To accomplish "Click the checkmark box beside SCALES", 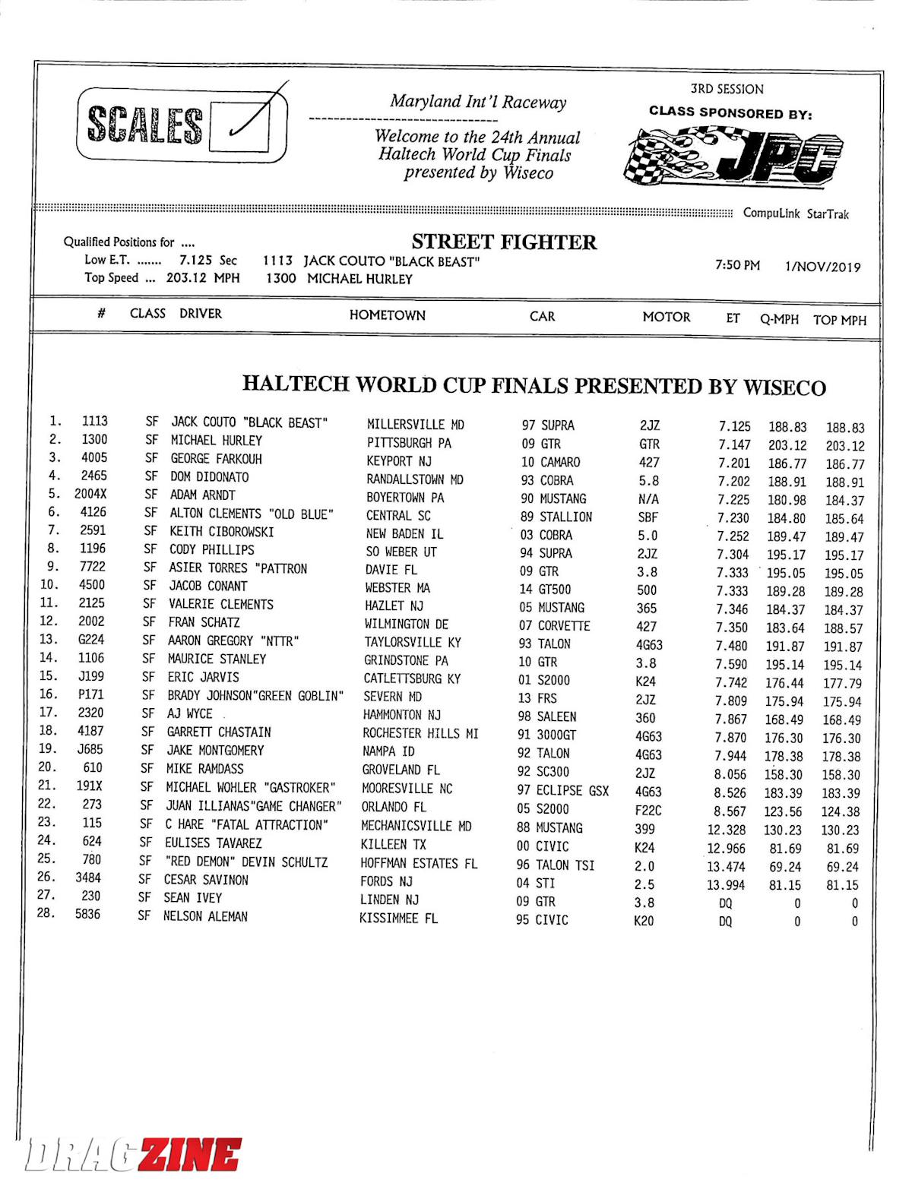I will (x=239, y=125).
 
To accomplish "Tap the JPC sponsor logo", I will (x=733, y=156).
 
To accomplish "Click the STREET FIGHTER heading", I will (x=504, y=242).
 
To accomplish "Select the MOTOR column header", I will (x=667, y=317).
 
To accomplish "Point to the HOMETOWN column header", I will (x=387, y=315).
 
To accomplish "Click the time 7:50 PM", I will (x=737, y=265).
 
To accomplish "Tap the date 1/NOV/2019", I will (x=822, y=267).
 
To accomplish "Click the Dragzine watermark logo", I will (x=133, y=1155).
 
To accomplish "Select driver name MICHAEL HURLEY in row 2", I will (x=216, y=441).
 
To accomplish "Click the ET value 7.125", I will (x=733, y=427).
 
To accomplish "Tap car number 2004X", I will (x=90, y=494).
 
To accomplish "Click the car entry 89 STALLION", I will (x=556, y=517).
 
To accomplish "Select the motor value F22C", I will (x=648, y=810).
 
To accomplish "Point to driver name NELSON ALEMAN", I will (x=205, y=916).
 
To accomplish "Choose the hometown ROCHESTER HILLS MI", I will (x=420, y=733).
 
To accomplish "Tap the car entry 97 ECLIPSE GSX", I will (x=562, y=791).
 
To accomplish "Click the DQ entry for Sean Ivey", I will (x=725, y=903).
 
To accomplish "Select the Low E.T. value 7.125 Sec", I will (x=207, y=261).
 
